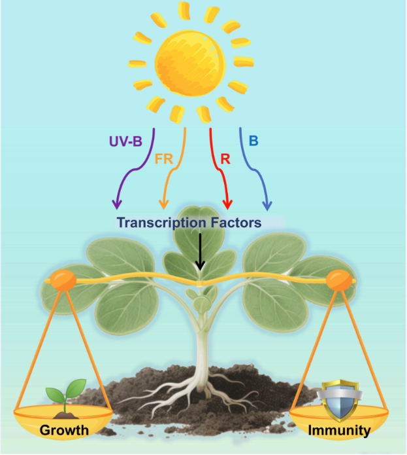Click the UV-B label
click(124, 141)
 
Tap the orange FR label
click(164, 159)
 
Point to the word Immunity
click(340, 430)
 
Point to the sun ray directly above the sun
click(184, 10)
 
